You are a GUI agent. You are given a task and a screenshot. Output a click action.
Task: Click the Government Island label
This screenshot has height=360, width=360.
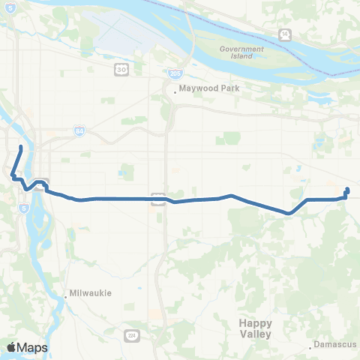241,52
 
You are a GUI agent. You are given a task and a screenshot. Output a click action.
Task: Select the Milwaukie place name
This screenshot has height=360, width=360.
91,293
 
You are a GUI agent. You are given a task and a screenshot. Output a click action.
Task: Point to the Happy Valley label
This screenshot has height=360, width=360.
256,328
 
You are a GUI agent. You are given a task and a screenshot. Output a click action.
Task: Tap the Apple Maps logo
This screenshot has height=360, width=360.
27,347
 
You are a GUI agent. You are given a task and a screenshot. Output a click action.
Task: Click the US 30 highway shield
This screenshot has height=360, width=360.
120,70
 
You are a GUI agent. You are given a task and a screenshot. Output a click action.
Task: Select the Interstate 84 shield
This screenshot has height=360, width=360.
80,131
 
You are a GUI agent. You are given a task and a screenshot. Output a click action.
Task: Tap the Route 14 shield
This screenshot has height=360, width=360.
286,34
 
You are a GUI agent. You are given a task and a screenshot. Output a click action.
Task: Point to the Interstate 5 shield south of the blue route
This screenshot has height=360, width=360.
25,208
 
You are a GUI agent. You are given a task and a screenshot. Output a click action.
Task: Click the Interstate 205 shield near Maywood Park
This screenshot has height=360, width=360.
175,74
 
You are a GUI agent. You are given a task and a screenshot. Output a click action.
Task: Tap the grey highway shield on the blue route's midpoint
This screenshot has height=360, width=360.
157,198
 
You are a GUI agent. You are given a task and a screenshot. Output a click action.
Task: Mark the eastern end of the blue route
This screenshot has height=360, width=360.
347,189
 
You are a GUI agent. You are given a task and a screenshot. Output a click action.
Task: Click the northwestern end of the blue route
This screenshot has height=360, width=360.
20,147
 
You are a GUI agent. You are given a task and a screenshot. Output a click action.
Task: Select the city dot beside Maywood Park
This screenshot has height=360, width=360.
175,92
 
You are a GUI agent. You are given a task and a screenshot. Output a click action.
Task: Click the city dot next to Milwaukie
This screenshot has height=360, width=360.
66,297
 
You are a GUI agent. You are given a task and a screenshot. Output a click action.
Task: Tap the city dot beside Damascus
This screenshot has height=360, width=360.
310,347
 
